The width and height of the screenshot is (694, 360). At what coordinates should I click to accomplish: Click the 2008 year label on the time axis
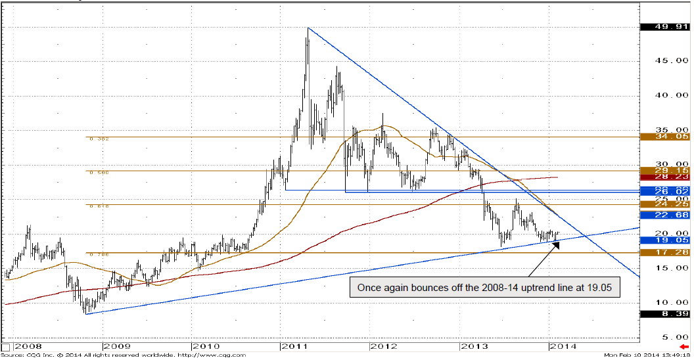(x=28, y=346)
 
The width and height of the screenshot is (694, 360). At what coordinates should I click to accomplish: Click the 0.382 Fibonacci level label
(x=99, y=139)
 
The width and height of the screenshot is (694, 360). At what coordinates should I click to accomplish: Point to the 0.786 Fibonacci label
(x=99, y=254)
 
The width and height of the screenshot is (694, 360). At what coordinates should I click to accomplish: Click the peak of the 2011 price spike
(x=308, y=28)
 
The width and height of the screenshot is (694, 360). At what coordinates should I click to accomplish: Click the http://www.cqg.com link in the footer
(x=212, y=355)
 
